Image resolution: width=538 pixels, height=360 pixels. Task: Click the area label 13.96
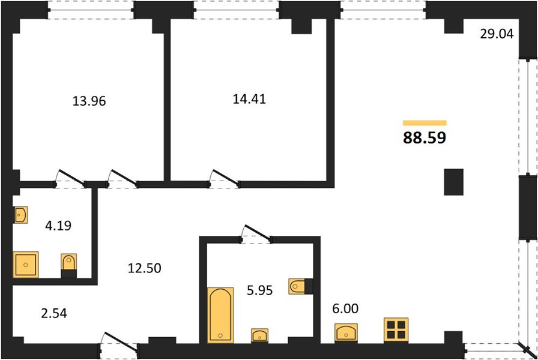(89, 101)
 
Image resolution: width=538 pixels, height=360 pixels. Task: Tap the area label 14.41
(249, 99)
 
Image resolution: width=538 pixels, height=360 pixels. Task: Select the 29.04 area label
(497, 34)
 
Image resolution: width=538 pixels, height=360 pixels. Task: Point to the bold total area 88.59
(425, 137)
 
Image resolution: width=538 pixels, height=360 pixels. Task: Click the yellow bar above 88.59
(425, 123)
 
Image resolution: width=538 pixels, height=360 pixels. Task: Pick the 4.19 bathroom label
(58, 226)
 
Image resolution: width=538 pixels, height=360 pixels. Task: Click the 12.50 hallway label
(145, 268)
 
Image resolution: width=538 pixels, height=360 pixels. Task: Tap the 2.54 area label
(54, 313)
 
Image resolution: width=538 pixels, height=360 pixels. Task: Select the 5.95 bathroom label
(260, 290)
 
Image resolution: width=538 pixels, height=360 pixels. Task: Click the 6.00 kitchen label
(345, 308)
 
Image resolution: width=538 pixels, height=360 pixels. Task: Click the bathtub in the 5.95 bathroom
(220, 315)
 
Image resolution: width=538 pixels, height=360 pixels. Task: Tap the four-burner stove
(396, 330)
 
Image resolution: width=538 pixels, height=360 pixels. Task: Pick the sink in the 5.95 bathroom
(260, 335)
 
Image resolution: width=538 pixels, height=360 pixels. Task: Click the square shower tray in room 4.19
(26, 265)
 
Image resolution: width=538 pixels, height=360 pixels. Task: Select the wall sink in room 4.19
(20, 215)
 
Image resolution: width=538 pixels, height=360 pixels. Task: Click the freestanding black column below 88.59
(453, 182)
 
